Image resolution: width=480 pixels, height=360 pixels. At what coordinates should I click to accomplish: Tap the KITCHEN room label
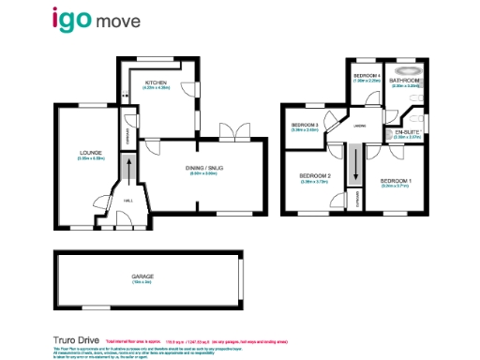(155, 82)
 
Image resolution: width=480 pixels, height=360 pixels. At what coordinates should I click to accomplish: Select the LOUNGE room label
(90, 154)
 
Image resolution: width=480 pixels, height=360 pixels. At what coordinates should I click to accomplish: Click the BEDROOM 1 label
(396, 181)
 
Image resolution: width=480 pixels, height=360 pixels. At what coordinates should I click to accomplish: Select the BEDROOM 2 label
(315, 176)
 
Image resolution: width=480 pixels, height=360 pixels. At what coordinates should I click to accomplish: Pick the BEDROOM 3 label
(305, 126)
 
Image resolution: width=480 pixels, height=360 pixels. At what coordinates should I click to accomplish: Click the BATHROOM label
(405, 81)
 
